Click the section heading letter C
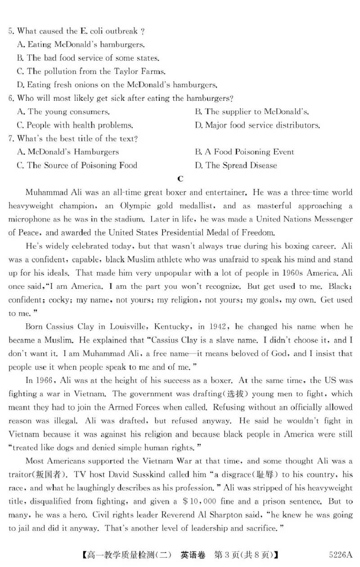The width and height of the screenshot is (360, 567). click(x=180, y=179)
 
